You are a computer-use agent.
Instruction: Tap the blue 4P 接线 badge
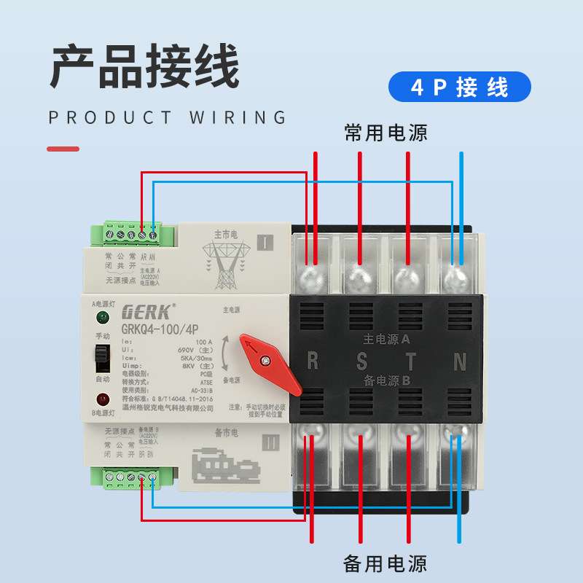tap(460, 87)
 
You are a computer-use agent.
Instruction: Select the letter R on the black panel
tap(313, 360)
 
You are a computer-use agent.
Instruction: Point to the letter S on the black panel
tap(361, 360)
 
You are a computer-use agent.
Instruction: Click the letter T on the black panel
tap(410, 360)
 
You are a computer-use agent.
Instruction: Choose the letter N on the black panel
tap(459, 360)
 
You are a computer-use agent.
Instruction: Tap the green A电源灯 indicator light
tap(103, 317)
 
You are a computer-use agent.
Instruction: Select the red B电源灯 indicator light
tap(103, 399)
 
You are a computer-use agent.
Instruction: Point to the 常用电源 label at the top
tap(386, 133)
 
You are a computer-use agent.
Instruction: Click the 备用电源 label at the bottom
tap(386, 563)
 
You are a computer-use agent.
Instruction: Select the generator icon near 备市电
tap(225, 464)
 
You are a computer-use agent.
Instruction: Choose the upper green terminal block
tap(133, 234)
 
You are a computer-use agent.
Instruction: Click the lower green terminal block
tap(133, 478)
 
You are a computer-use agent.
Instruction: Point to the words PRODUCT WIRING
tap(168, 118)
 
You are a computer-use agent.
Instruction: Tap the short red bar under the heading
tap(63, 149)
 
